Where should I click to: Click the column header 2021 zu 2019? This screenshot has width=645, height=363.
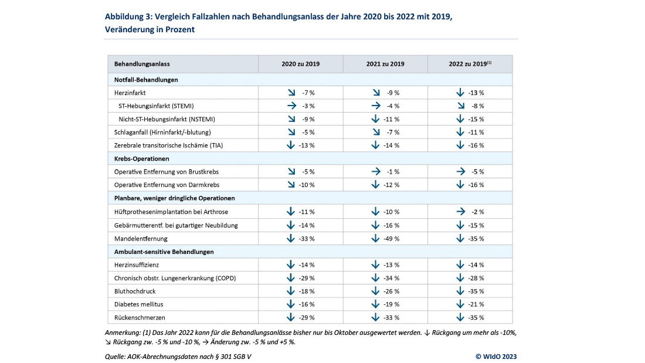385,64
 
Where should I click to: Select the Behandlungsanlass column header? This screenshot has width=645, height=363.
142,64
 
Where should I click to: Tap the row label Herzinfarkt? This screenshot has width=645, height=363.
130,93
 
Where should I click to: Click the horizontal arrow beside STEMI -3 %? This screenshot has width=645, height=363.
291,106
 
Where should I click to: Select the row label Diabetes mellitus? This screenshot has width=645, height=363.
139,304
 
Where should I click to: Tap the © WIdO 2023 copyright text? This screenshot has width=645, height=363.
495,356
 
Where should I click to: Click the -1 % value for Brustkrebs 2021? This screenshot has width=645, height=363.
393,172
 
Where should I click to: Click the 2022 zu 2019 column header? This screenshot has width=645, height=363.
470,64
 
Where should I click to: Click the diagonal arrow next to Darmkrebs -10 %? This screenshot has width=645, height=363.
291,185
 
